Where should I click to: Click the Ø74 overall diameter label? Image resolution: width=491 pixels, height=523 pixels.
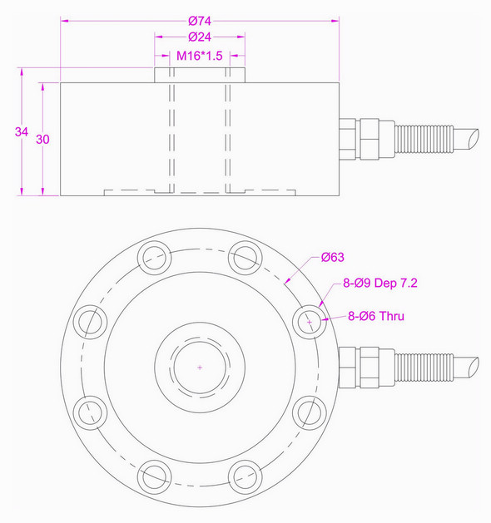[x=200, y=18]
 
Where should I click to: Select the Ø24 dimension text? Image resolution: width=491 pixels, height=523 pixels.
[x=200, y=37]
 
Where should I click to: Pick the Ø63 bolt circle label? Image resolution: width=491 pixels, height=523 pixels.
[x=333, y=258]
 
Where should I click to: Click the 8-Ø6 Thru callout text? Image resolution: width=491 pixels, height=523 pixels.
[x=376, y=318]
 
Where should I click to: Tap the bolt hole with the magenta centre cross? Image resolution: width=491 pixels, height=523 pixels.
[x=310, y=320]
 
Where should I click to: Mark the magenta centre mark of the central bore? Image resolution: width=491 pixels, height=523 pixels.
[x=200, y=367]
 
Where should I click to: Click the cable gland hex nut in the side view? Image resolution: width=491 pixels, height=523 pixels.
[x=367, y=138]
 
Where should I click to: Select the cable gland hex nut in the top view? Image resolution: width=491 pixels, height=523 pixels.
[x=367, y=367]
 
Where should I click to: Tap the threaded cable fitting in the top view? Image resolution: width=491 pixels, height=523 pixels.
[x=424, y=367]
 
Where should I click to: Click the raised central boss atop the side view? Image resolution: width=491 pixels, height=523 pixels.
[x=200, y=75]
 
